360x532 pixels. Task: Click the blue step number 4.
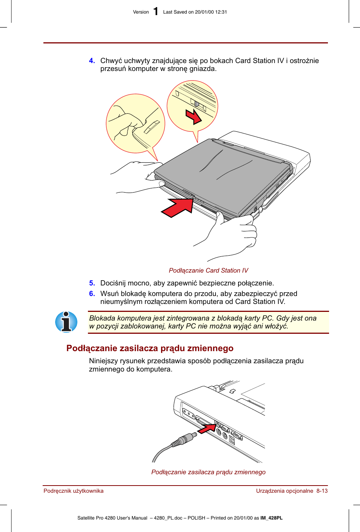(92, 61)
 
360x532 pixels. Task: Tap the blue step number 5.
(92, 283)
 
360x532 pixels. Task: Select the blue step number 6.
(92, 294)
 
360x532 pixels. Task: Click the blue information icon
(66, 322)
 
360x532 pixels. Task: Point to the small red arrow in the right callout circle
(194, 116)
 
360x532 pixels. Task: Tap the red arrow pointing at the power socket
(207, 428)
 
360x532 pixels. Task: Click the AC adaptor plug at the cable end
(185, 440)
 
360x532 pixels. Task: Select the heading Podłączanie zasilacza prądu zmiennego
(150, 348)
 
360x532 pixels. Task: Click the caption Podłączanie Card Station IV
(208, 271)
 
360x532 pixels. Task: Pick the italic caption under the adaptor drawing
(208, 472)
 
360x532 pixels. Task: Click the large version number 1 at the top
(155, 12)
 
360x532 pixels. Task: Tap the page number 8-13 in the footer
(322, 491)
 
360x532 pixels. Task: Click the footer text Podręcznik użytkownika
(74, 491)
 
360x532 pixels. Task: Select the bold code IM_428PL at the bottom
(271, 518)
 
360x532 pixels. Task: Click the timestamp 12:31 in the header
(221, 12)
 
